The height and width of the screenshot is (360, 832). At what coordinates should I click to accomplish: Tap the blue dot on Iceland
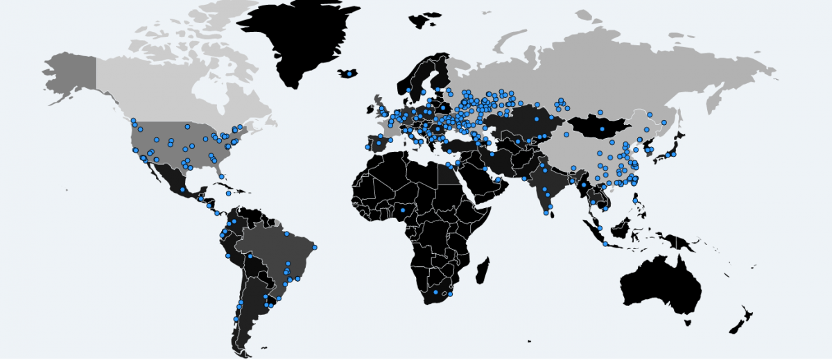pos(351,72)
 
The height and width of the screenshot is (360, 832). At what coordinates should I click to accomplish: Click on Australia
pos(659,284)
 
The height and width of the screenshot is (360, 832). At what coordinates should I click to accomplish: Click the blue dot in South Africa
pos(435,293)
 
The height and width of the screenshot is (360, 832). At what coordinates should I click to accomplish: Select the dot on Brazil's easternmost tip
pos(314,247)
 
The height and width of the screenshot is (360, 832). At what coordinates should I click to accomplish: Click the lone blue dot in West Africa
pos(402,209)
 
